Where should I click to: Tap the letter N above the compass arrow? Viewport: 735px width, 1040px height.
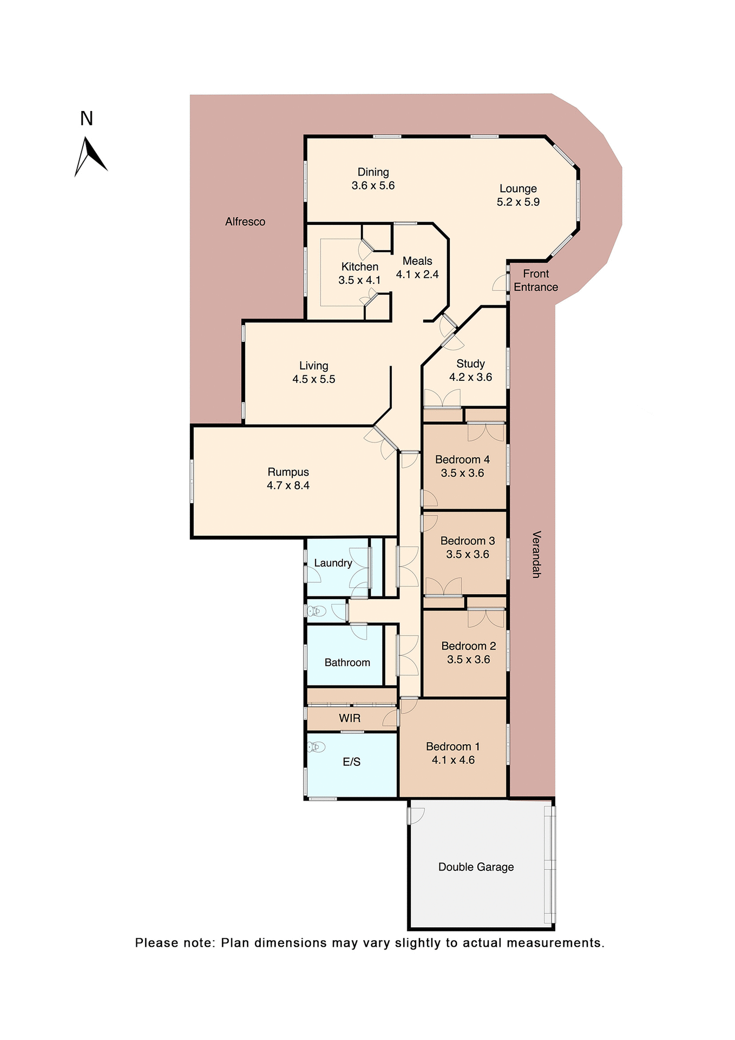(87, 119)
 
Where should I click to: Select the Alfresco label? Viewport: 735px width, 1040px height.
(245, 222)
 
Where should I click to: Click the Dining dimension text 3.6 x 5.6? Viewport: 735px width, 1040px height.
(373, 186)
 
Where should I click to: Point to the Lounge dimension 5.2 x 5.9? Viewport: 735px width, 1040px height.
(518, 202)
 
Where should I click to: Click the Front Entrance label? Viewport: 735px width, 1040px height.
(535, 281)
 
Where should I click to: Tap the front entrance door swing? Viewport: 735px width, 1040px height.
(500, 283)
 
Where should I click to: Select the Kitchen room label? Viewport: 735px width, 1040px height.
(359, 266)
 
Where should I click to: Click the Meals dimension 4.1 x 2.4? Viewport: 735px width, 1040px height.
(417, 275)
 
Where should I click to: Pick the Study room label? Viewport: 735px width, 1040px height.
(470, 363)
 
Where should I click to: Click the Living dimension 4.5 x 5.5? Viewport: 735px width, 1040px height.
(313, 380)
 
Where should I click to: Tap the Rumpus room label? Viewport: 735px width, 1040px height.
(288, 472)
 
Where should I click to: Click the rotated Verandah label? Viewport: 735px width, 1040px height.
(536, 554)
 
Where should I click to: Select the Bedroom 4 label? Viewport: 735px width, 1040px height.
(462, 459)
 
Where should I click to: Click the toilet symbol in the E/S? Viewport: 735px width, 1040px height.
(316, 747)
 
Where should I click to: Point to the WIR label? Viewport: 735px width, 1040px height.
(350, 718)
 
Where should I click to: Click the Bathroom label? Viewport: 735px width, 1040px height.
(347, 662)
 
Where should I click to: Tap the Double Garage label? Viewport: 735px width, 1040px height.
(476, 867)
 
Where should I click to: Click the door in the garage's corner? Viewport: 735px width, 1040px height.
(416, 815)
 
